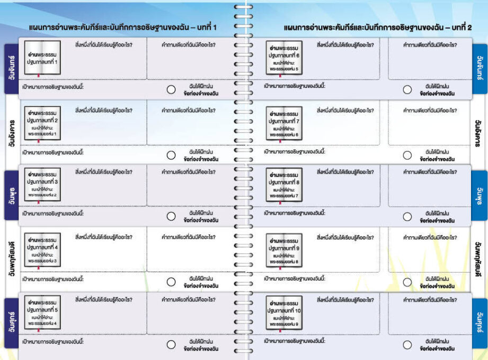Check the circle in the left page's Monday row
171,90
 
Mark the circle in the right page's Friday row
407,345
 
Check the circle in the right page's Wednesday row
407,216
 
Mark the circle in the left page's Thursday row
171,282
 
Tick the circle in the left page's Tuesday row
171,155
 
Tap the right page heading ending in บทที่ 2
378,27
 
